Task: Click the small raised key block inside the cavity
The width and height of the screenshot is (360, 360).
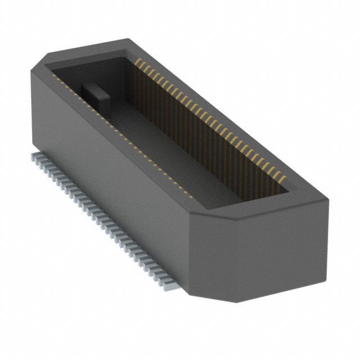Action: point(93,91)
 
